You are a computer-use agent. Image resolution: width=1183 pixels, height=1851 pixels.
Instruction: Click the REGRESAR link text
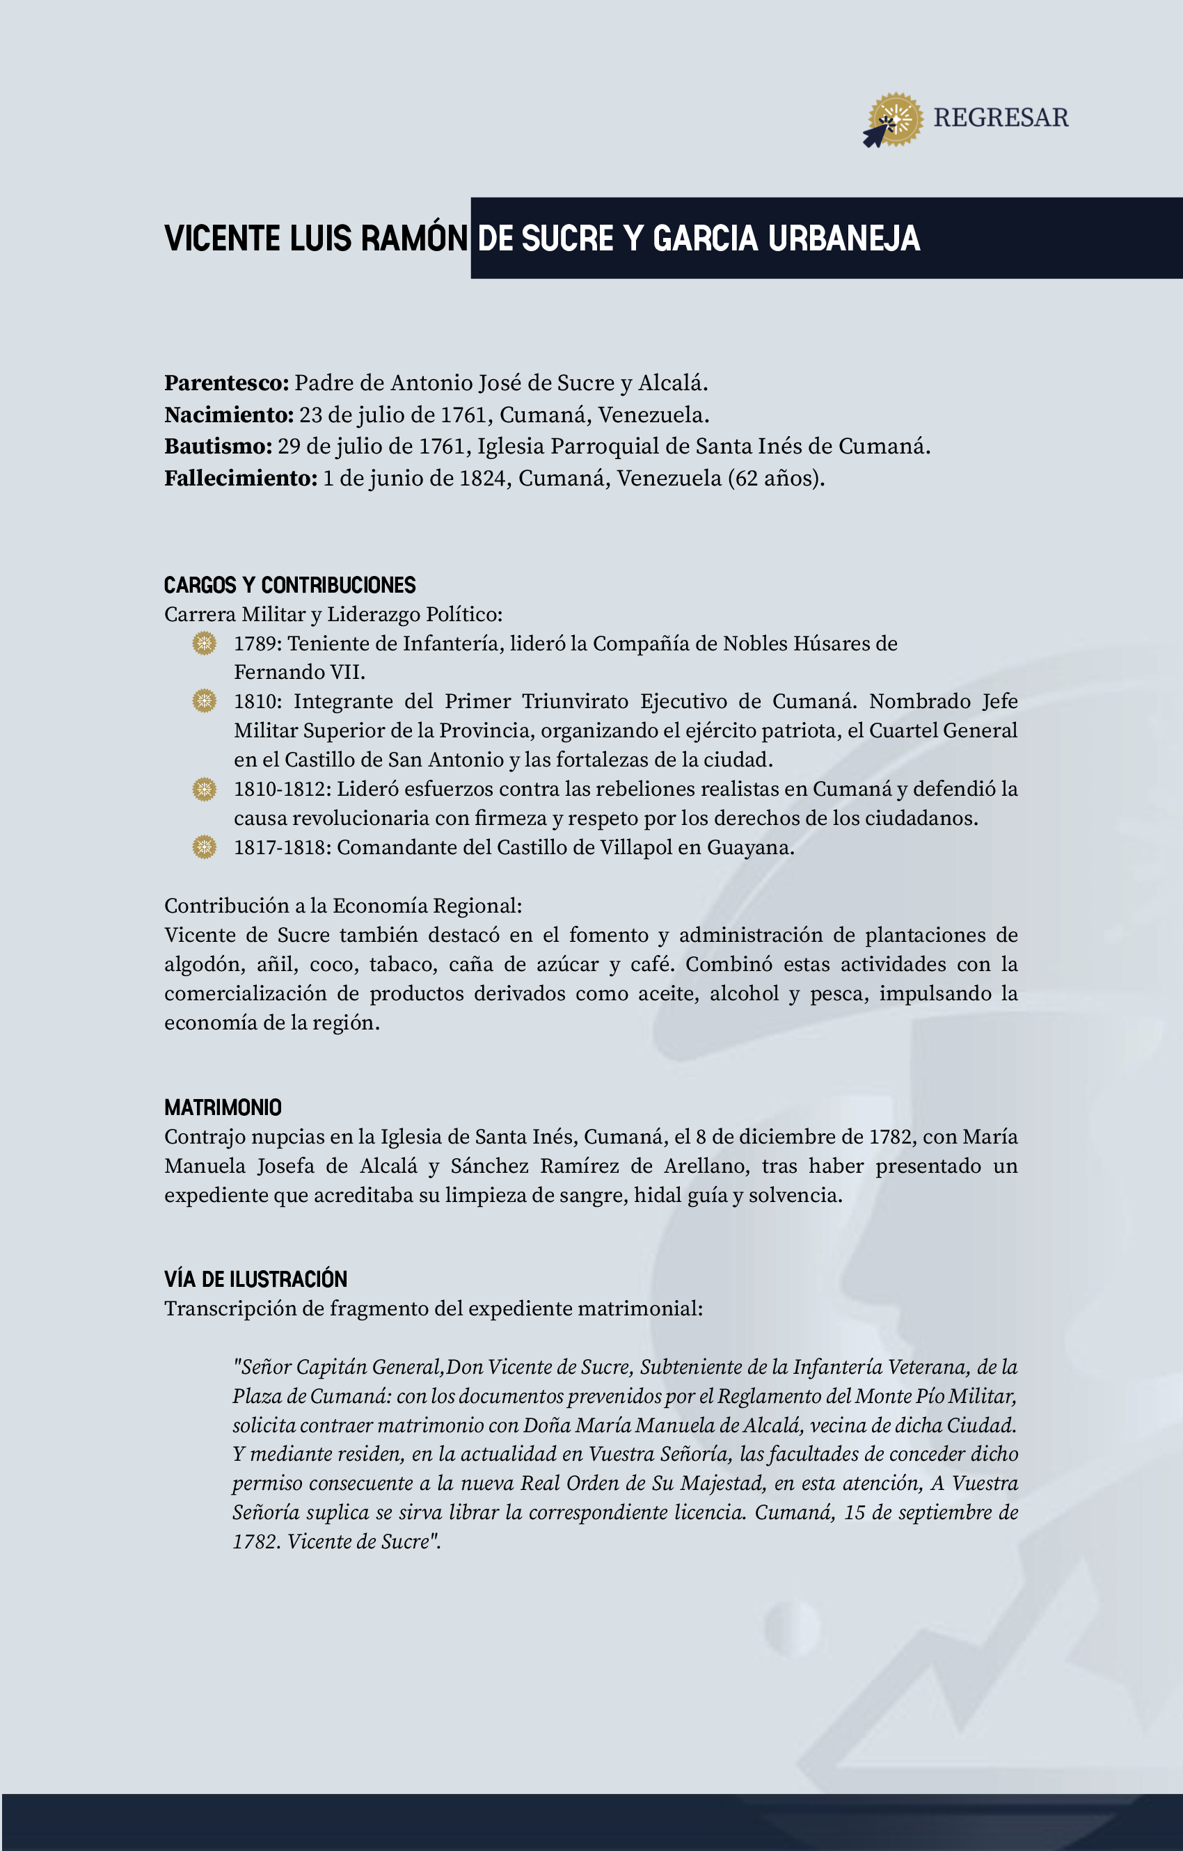[1000, 118]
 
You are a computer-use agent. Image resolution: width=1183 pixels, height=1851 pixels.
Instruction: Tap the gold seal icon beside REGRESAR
[896, 119]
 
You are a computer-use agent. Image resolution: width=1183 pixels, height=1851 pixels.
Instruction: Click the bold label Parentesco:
[226, 383]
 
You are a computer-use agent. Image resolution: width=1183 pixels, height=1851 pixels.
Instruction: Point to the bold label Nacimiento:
[228, 415]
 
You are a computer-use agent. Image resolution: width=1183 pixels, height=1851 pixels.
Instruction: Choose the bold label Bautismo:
[218, 447]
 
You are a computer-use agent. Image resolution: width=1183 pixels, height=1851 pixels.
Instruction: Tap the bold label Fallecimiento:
[240, 478]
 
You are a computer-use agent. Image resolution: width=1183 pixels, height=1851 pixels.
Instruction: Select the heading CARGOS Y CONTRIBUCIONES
[289, 586]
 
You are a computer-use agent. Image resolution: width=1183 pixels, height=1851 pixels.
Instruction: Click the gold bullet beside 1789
[204, 643]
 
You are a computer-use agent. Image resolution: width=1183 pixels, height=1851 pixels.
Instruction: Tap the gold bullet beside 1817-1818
[204, 847]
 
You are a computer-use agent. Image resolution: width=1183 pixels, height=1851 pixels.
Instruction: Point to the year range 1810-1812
[283, 789]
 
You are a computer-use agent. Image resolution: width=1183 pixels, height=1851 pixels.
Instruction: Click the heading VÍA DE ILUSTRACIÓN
[255, 1279]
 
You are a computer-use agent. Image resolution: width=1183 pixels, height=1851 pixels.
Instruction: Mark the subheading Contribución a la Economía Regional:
[343, 906]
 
